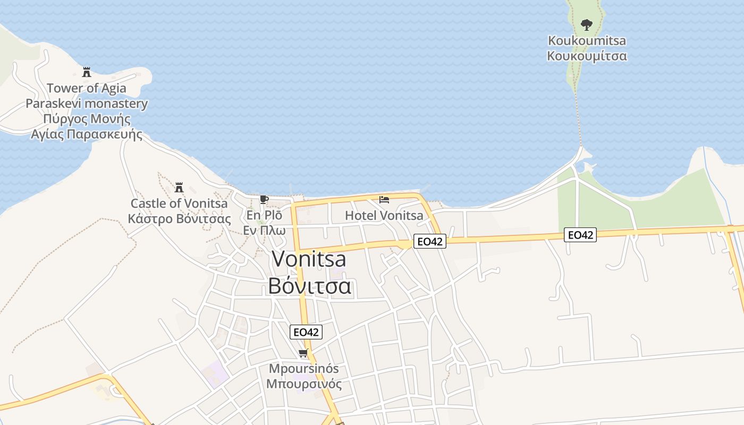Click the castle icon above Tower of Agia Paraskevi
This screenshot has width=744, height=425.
[87, 72]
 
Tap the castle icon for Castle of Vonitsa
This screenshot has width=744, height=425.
[179, 188]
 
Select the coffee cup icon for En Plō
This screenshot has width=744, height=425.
[264, 200]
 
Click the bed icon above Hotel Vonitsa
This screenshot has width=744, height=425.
[384, 200]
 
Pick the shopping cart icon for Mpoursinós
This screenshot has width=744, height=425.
[303, 353]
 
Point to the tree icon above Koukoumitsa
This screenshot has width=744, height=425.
[587, 24]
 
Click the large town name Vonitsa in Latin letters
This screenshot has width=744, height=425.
[309, 259]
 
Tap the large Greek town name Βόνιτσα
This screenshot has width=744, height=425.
[309, 286]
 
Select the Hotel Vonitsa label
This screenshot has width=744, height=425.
[384, 215]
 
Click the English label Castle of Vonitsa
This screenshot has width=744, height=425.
[179, 203]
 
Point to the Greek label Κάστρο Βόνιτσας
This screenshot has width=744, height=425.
[179, 219]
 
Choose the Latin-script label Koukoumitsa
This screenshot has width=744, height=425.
[587, 41]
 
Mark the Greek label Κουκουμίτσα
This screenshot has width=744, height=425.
[587, 56]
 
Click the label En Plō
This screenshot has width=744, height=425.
[264, 215]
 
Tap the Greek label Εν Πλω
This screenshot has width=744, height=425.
[264, 230]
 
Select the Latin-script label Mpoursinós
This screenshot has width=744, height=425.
[303, 369]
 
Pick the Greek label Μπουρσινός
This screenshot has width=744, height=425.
[303, 384]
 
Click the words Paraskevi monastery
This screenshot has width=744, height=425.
[87, 104]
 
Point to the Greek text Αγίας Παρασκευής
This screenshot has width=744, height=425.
[87, 134]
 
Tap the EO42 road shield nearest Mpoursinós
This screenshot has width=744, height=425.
[306, 332]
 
